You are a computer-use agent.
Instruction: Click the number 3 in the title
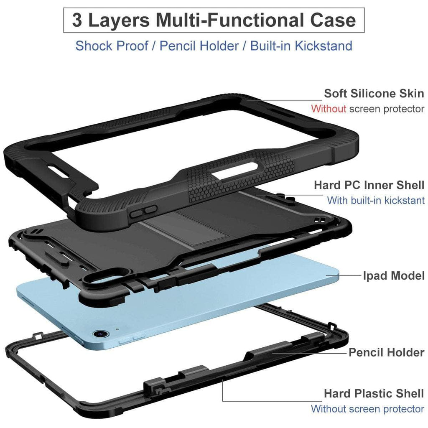coord(77,20)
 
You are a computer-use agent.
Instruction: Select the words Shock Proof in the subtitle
coord(112,46)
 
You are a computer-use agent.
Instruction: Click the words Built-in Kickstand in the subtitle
coord(301,46)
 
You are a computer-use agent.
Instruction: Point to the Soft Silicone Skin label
coord(374,93)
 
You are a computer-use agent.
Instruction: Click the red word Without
coord(329,109)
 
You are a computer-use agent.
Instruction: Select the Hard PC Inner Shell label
coord(369,185)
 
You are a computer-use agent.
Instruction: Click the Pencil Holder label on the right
coord(386,352)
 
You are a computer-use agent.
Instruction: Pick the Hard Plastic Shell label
coord(374,393)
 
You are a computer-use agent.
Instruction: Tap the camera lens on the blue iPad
coord(100,334)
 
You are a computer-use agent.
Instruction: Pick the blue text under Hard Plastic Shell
coord(367,409)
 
